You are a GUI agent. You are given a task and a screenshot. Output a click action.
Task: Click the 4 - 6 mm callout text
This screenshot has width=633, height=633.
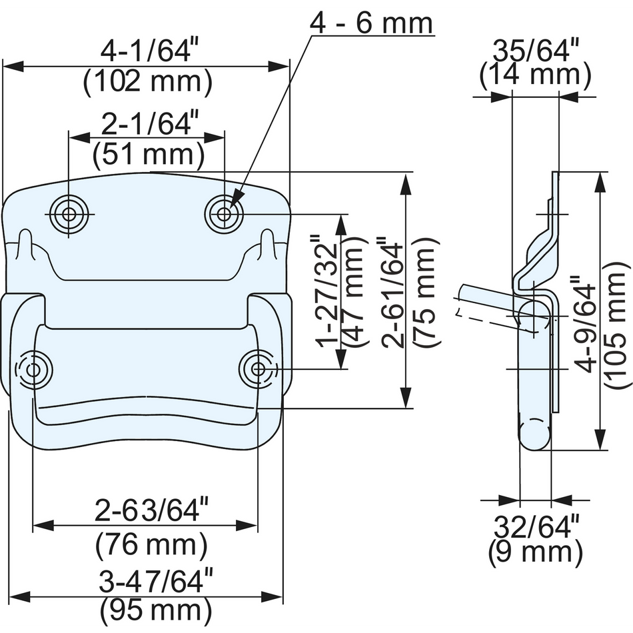coord(371,23)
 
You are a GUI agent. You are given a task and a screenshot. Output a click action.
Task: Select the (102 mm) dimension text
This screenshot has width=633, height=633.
coord(147,83)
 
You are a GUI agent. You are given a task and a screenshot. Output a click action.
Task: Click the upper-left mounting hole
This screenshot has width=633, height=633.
coord(69,215)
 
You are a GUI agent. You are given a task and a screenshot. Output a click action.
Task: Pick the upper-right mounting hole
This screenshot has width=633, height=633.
coord(224,214)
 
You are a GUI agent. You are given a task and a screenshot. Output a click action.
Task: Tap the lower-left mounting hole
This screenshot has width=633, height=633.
coord(33,370)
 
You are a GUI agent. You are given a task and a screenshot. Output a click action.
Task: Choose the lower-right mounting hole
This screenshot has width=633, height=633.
coord(258,369)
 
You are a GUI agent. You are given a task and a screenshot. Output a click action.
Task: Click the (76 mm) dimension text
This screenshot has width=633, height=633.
coord(151,546)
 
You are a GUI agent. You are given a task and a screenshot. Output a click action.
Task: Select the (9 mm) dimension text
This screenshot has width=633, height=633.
coord(536,552)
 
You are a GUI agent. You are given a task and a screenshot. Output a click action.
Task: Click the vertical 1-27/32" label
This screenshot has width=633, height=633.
coord(328,291)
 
